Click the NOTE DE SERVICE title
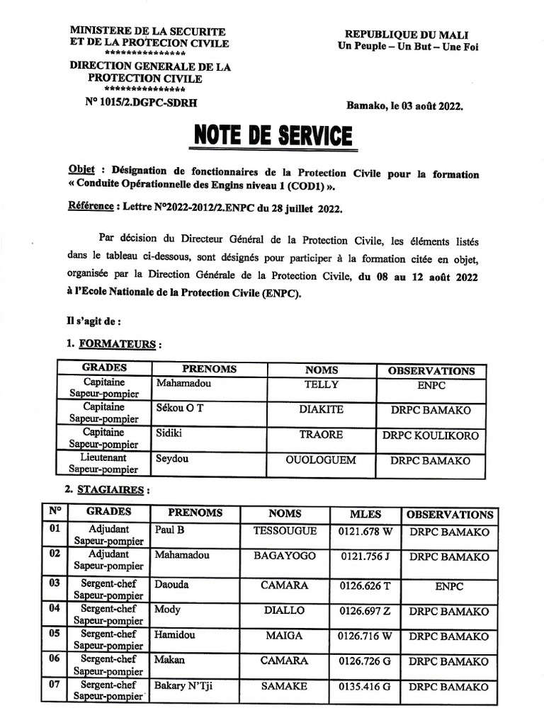tap(272, 136)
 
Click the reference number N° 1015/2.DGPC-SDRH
tap(141, 102)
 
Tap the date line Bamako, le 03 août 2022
tap(404, 106)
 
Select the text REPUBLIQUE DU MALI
tap(406, 35)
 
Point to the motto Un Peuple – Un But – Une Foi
tap(406, 47)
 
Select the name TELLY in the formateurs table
tap(322, 385)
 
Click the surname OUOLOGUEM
tap(321, 460)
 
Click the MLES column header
tap(365, 515)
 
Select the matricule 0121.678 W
tap(365, 532)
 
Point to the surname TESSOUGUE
tap(285, 531)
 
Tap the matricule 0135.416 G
tap(365, 687)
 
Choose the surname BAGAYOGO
tap(285, 556)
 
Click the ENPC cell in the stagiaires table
tap(449, 586)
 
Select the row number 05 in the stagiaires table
tap(54, 635)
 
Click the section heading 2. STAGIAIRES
tap(106, 489)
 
